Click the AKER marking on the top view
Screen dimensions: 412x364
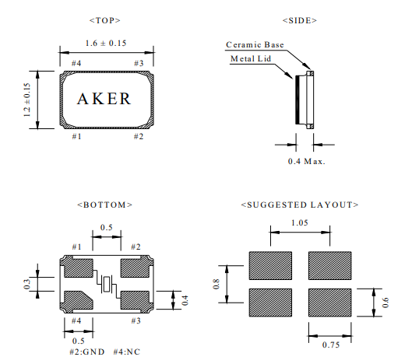click(x=104, y=99)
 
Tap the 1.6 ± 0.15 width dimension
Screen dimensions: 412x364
click(x=106, y=43)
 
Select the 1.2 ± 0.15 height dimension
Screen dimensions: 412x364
click(x=26, y=100)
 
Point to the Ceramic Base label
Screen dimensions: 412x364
click(x=255, y=44)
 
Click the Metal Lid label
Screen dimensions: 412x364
click(x=251, y=58)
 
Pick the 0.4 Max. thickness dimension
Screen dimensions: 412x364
click(x=306, y=161)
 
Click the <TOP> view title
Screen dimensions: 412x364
click(x=105, y=20)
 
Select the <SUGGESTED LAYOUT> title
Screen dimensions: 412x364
click(x=300, y=205)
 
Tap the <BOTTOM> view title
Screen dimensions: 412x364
click(x=105, y=205)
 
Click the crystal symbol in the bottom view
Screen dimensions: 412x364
click(x=107, y=284)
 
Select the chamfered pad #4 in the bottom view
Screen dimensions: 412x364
click(x=79, y=300)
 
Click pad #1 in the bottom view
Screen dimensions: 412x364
click(x=79, y=268)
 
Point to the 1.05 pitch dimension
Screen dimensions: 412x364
click(x=300, y=222)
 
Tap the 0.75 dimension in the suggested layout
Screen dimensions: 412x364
click(x=331, y=345)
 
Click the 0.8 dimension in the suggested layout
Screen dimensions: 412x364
click(x=216, y=284)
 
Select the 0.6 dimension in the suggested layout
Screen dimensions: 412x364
click(x=385, y=303)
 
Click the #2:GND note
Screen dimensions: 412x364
click(x=87, y=352)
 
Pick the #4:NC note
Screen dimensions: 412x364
click(x=127, y=352)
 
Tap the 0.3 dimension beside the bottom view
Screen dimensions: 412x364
click(x=26, y=284)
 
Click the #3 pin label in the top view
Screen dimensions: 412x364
click(x=139, y=63)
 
